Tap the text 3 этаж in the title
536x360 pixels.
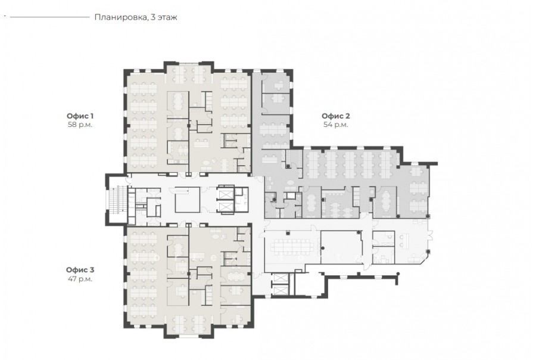tap(164, 17)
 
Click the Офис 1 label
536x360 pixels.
tap(80, 116)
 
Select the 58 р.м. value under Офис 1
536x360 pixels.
tap(80, 125)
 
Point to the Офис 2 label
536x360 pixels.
tap(336, 116)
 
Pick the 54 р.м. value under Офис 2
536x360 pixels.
tap(336, 125)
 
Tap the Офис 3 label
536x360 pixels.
tap(80, 269)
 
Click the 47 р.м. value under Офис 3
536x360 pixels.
tap(80, 279)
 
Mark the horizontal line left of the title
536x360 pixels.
tap(50, 17)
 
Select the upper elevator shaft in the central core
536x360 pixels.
tap(226, 194)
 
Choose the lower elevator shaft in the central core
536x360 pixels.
tap(226, 207)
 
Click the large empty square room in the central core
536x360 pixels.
tap(188, 200)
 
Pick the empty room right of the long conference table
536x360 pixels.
tap(341, 247)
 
